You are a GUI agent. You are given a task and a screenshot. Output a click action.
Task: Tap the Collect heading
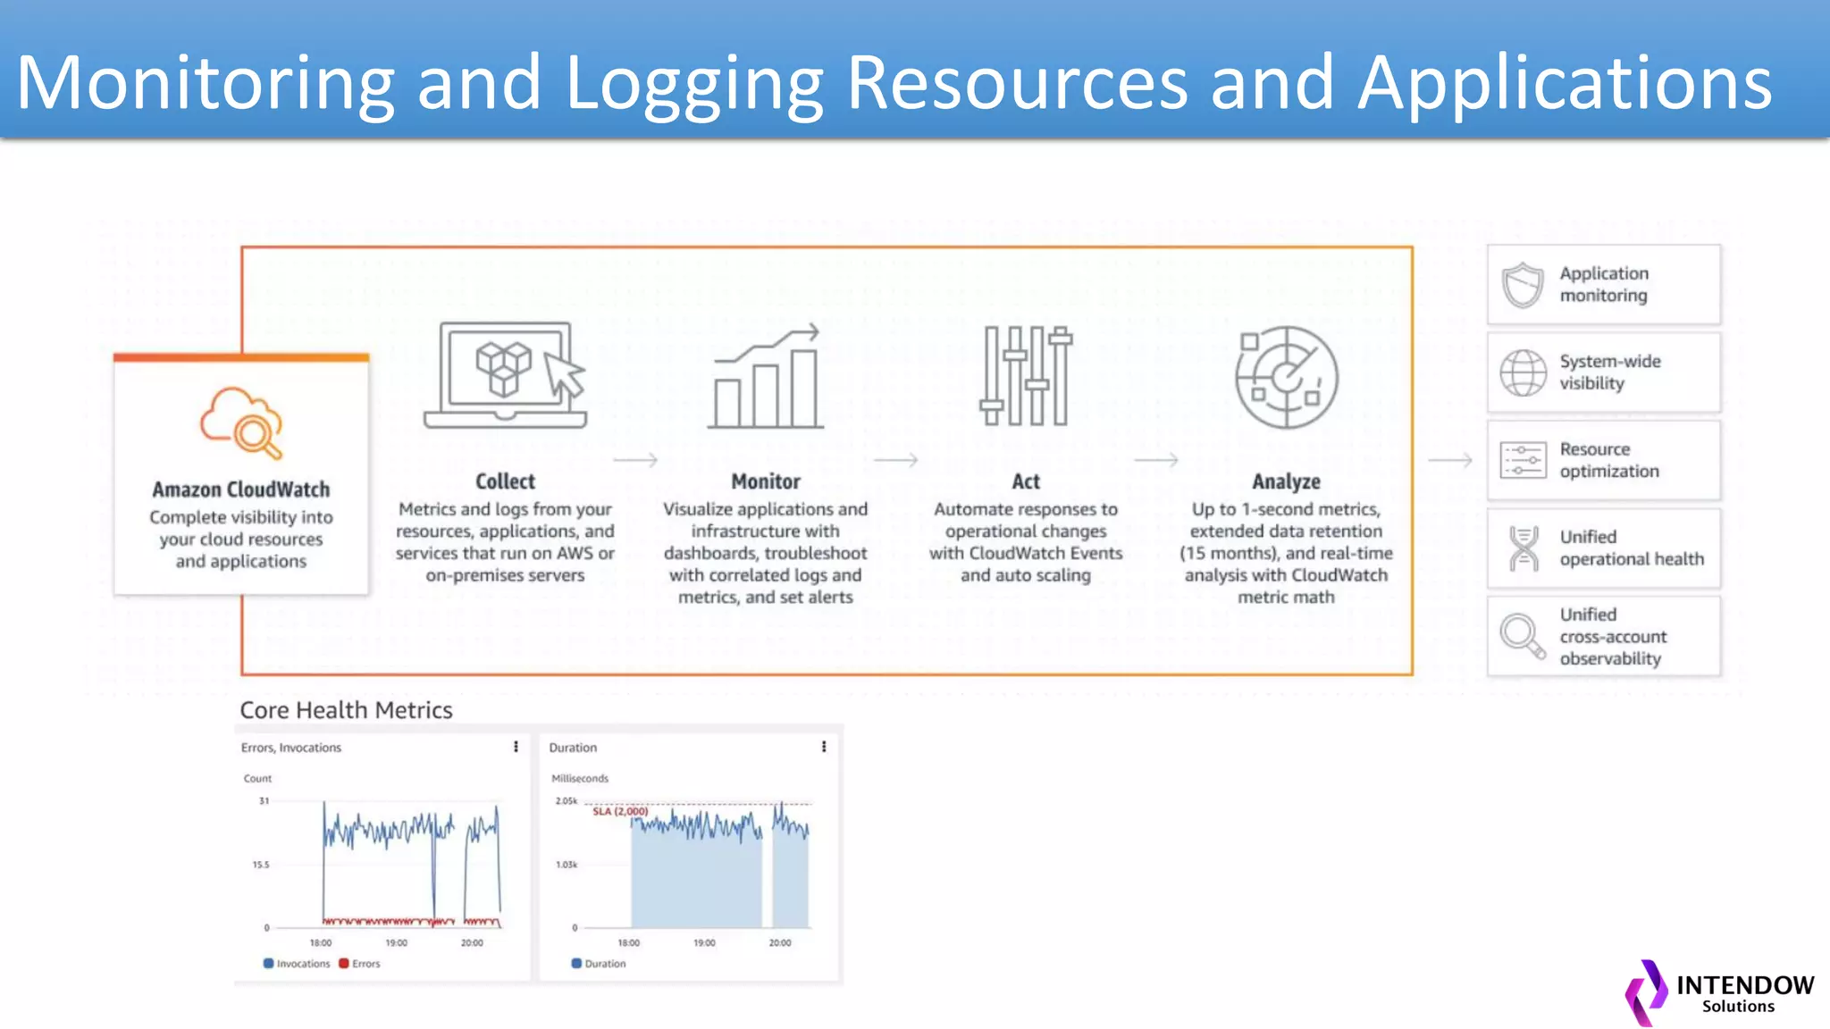pos(505,481)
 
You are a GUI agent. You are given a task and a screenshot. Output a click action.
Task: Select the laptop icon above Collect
pos(506,376)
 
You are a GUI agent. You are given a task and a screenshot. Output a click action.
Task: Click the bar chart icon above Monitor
pos(766,376)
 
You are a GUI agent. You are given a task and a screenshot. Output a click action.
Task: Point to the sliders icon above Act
pos(1026,376)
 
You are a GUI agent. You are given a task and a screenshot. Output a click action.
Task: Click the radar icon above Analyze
pos(1286,377)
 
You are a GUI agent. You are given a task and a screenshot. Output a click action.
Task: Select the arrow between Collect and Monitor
pos(635,460)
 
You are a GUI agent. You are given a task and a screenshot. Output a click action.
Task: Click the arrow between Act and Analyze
pos(1156,460)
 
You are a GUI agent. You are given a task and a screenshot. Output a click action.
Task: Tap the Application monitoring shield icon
pos(1523,285)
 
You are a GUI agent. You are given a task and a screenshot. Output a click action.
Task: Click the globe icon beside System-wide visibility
pos(1523,372)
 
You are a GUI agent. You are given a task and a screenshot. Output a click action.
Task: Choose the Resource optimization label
pos(1608,460)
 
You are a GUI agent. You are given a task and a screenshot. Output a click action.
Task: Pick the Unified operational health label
pos(1631,548)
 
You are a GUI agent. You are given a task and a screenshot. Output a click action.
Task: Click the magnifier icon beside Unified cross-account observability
pos(1523,636)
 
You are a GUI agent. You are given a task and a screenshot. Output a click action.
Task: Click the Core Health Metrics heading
pos(346,710)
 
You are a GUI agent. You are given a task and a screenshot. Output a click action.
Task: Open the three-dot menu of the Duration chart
pos(824,747)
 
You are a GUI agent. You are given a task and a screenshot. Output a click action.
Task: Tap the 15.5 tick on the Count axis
pos(260,865)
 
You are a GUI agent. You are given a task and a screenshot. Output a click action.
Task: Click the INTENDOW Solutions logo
pos(1719,993)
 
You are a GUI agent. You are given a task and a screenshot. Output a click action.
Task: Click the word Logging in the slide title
pos(693,83)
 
